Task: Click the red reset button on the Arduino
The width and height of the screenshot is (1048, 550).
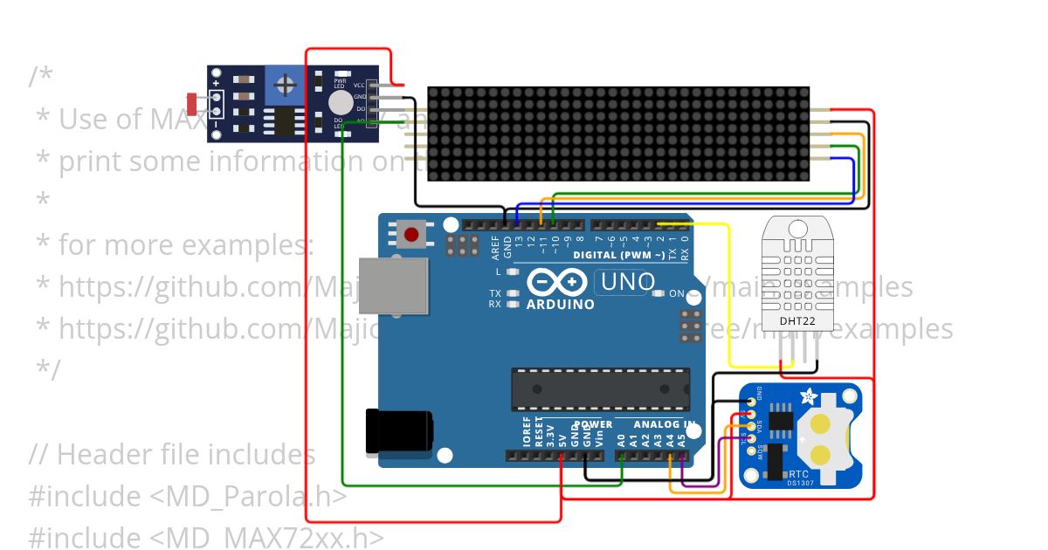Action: (x=411, y=233)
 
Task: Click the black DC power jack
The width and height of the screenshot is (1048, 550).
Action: (x=398, y=431)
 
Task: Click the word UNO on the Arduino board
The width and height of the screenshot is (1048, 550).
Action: (x=626, y=282)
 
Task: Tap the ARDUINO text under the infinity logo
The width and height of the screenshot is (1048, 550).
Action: (x=560, y=305)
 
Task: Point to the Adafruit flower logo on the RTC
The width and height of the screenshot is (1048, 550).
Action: (x=808, y=397)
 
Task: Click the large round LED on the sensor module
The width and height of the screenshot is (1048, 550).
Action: (x=341, y=104)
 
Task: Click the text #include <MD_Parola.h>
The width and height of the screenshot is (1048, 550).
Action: (x=188, y=496)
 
